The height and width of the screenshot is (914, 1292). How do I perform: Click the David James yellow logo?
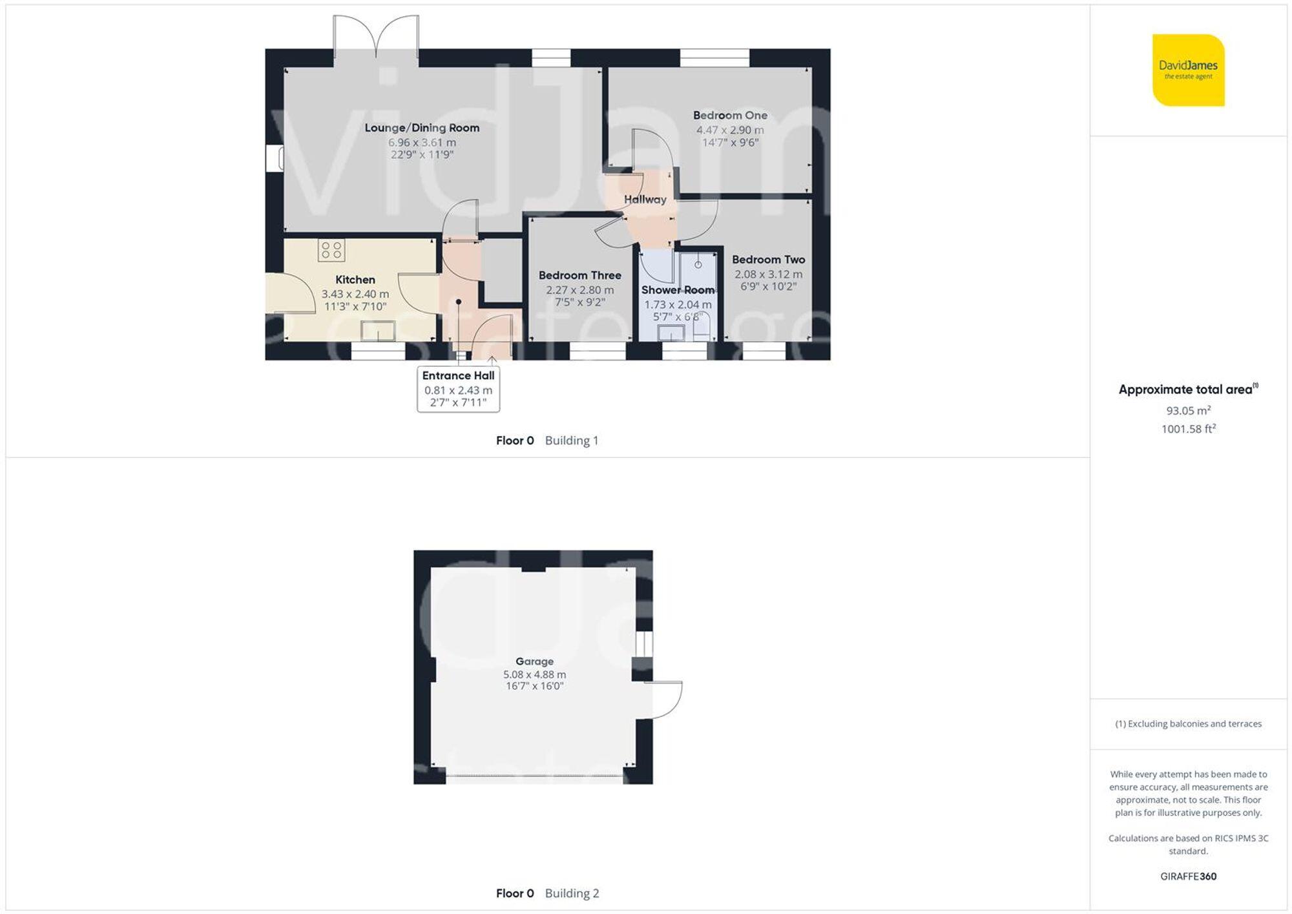[x=1188, y=70]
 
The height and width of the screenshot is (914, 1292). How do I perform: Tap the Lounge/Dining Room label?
[x=422, y=128]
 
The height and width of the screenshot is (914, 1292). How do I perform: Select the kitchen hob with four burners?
[x=331, y=250]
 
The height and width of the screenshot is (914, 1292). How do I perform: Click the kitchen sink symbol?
[x=378, y=331]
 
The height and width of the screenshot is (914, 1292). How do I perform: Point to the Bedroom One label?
[x=730, y=116]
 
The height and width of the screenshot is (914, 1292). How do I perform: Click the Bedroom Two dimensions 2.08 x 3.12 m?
[x=768, y=274]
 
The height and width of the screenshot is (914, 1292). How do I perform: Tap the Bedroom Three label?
[x=579, y=275]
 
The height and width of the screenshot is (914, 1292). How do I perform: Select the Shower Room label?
[x=678, y=290]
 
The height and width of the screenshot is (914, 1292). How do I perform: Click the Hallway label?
[x=645, y=200]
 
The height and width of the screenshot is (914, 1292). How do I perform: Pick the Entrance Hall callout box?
[x=458, y=389]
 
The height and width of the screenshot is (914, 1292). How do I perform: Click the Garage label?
[x=534, y=661]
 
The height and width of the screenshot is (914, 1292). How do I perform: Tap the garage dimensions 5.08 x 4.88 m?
[x=534, y=674]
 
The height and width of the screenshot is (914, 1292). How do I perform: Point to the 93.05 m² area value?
[x=1188, y=410]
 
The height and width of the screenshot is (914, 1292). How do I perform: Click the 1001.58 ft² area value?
[x=1188, y=429]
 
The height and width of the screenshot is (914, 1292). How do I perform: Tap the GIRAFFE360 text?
[x=1188, y=877]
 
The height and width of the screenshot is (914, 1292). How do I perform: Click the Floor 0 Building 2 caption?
[x=547, y=893]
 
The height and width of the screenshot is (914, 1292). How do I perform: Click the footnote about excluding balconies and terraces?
[x=1188, y=724]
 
